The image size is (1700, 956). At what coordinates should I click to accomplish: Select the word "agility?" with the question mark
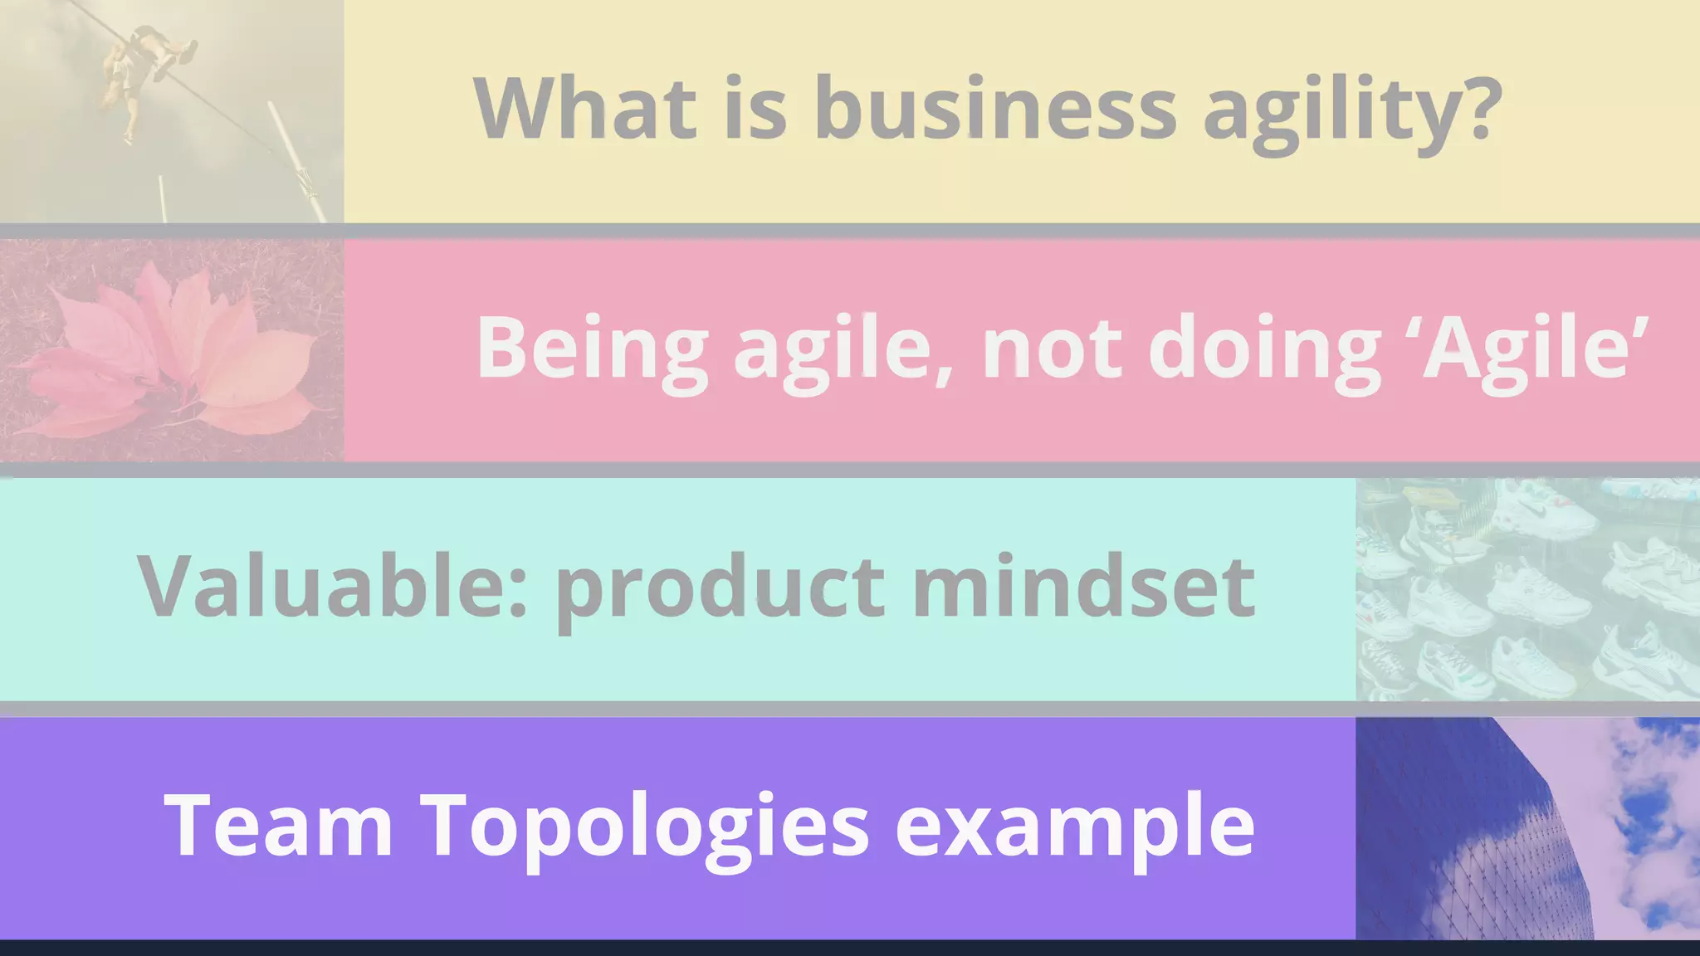1353,112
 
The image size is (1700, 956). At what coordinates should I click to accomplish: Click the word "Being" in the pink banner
592,347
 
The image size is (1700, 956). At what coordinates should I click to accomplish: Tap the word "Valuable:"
332,585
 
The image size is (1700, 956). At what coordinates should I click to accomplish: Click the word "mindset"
1083,585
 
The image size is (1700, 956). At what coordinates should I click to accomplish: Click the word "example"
1074,827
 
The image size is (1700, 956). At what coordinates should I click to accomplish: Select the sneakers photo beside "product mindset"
1527,589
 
